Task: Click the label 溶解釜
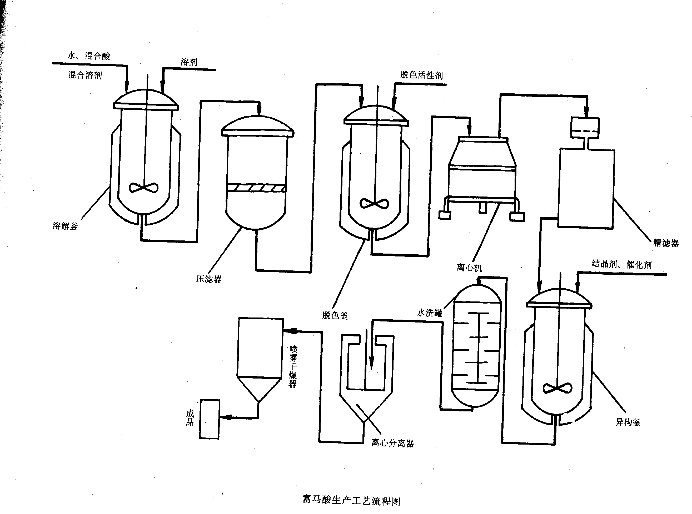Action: [x=65, y=226]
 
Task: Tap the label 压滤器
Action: [x=208, y=279]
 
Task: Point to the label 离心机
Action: [x=469, y=268]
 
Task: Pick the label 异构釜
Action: [x=628, y=422]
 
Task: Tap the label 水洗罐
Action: [x=429, y=313]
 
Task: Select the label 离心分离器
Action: [x=392, y=443]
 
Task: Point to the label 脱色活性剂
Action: [x=421, y=75]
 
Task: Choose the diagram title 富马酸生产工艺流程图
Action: [x=351, y=501]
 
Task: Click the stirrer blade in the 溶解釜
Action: [x=143, y=188]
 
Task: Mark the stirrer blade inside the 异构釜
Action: [x=557, y=388]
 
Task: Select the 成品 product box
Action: [x=210, y=419]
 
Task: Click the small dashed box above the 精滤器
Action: [x=585, y=128]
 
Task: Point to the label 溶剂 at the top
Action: [x=189, y=62]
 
